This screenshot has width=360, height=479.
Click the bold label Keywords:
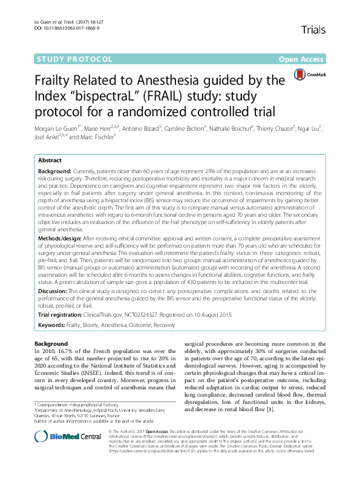pos(53,326)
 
